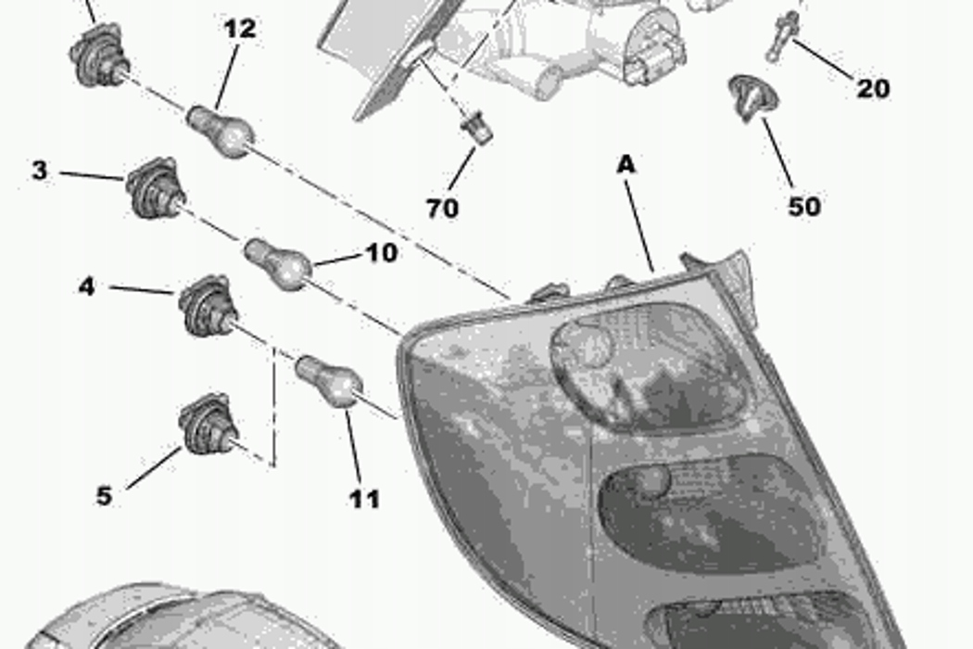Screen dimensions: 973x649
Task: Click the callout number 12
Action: (239, 29)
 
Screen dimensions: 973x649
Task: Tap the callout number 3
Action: (39, 171)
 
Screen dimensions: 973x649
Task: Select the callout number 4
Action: (87, 286)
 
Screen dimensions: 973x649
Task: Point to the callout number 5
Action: (104, 496)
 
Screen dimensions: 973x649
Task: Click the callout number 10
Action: (382, 253)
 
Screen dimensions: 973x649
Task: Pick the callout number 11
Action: (364, 500)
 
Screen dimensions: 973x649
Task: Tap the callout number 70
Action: (442, 208)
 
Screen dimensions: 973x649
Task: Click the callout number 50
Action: (804, 206)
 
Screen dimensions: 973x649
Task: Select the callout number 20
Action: (873, 88)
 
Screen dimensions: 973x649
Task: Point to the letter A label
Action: (626, 165)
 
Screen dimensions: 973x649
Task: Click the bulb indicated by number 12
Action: (221, 131)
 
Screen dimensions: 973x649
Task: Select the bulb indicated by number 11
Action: (329, 381)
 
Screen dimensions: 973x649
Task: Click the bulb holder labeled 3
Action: (155, 188)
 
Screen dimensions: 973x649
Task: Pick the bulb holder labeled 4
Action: (208, 306)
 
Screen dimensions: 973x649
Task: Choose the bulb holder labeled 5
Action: (208, 424)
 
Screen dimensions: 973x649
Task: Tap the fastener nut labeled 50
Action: (752, 97)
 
